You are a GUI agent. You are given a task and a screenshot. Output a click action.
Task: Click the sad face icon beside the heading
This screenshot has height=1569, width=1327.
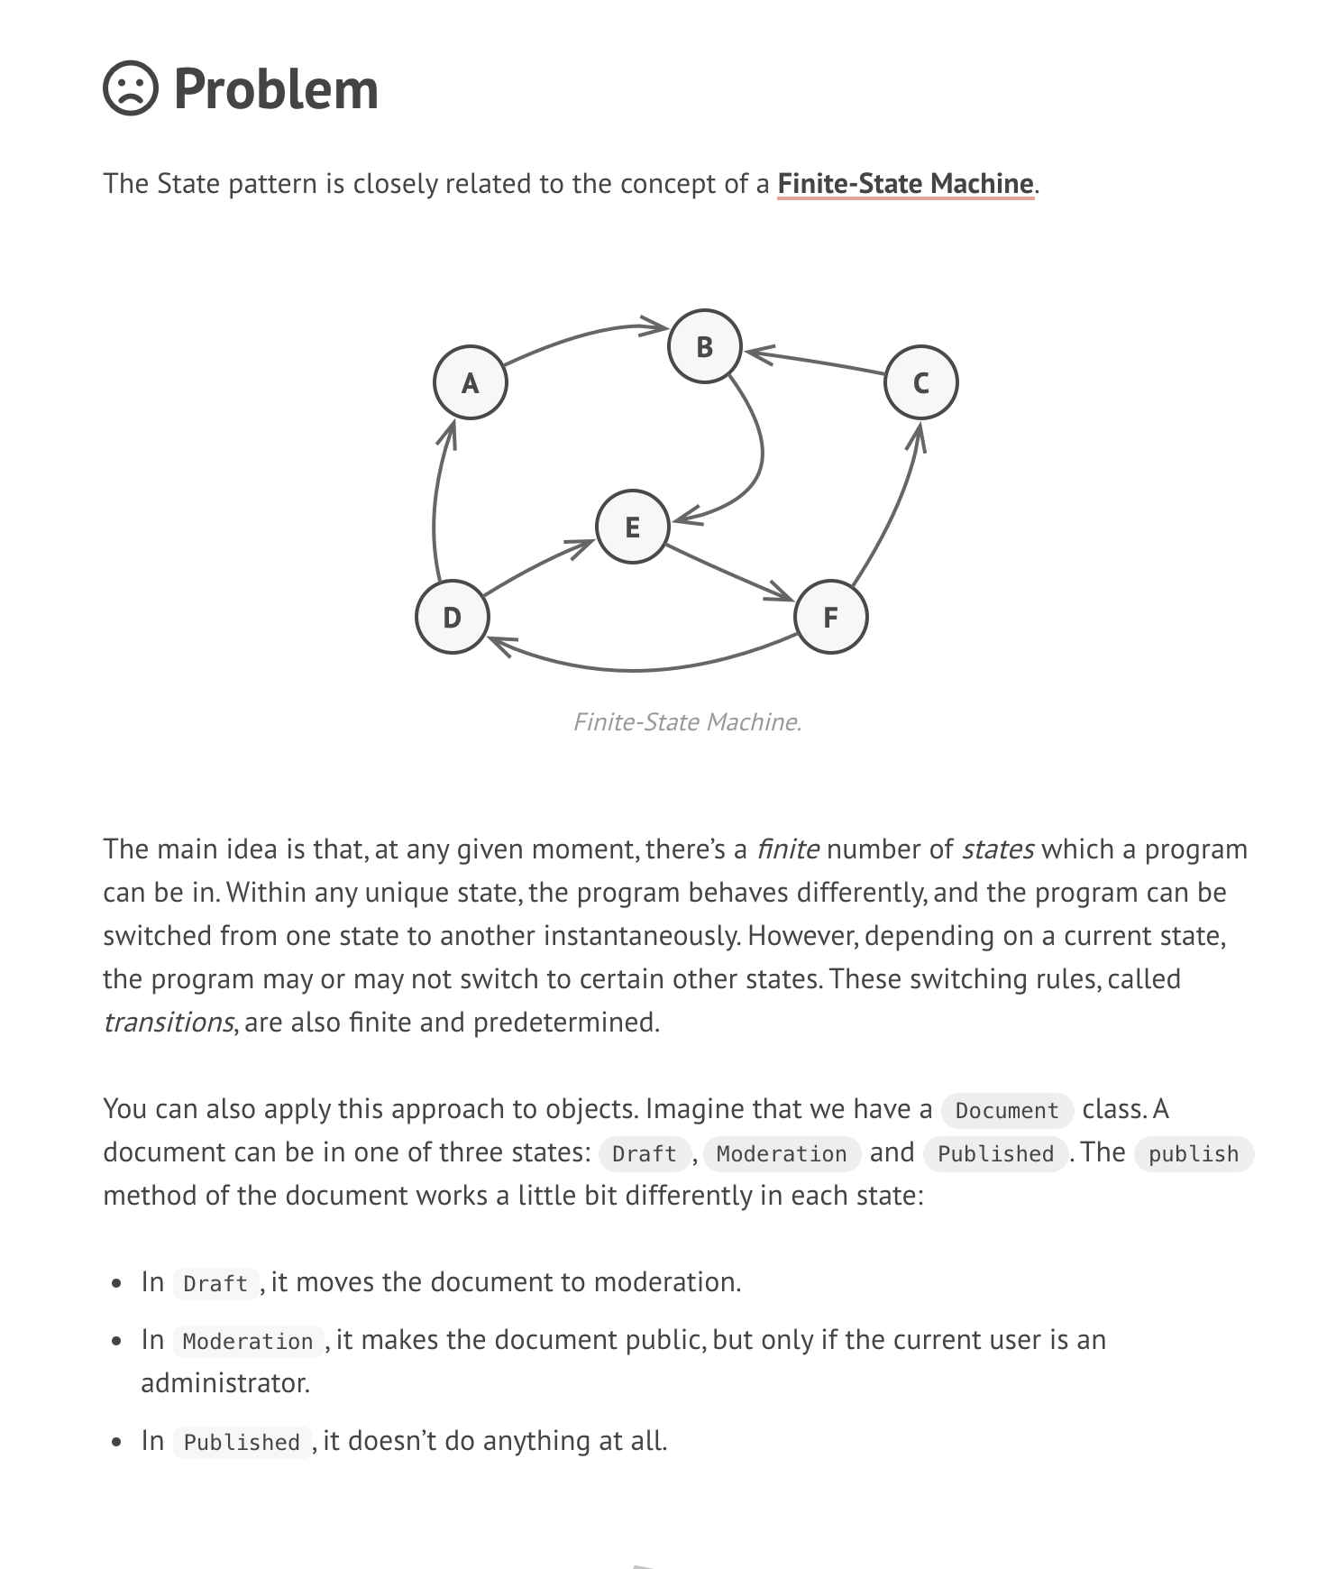[131, 88]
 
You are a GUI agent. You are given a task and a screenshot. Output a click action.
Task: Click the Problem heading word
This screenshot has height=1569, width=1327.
[276, 90]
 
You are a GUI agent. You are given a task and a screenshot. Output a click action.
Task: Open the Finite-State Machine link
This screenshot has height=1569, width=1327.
[905, 184]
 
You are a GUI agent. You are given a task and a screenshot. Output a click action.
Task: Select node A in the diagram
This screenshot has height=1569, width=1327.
[471, 383]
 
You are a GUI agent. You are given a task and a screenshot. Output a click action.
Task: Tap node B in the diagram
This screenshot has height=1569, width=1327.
[705, 346]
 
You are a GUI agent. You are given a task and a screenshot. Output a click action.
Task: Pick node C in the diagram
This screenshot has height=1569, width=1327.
[921, 383]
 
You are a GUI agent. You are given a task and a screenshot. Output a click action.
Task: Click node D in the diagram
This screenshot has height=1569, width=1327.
[453, 617]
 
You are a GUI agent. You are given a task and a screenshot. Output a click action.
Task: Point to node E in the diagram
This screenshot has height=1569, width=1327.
[633, 527]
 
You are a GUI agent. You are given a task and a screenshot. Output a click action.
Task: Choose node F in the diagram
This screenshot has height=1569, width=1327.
[831, 617]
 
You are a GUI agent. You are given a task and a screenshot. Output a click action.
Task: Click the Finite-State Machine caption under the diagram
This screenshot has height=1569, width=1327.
[687, 722]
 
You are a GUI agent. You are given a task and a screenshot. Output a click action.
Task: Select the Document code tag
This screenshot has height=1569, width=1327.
[1007, 1110]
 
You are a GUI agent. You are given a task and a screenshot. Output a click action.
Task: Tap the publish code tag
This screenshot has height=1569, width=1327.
[1194, 1153]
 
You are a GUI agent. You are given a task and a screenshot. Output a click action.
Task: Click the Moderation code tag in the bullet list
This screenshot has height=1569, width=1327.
[248, 1341]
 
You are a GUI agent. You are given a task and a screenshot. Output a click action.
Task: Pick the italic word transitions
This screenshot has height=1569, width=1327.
[169, 1023]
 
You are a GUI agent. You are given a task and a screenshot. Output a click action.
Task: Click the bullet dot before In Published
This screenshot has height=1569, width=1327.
[117, 1442]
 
